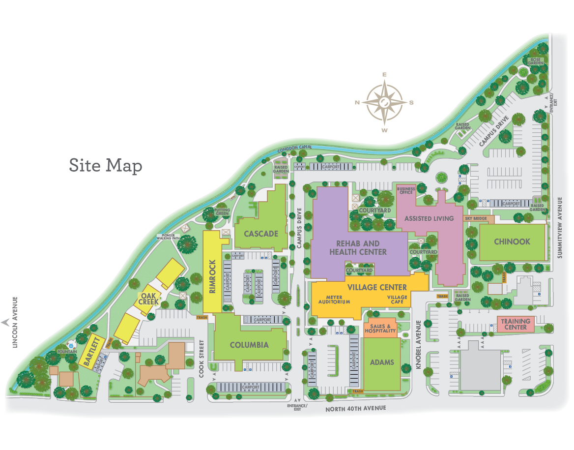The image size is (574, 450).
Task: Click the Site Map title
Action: click(106, 165)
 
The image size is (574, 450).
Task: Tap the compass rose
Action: click(385, 102)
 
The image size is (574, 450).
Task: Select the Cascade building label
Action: click(261, 234)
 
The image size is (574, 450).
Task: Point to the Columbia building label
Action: click(249, 345)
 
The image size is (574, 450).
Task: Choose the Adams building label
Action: click(382, 362)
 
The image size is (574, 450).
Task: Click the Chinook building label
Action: click(512, 241)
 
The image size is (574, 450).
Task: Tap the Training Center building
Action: click(516, 324)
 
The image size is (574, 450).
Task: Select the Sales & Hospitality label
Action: click(380, 329)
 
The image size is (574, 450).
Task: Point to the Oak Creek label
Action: click(148, 299)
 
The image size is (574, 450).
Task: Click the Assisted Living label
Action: click(429, 218)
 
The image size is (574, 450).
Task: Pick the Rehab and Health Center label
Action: click(358, 247)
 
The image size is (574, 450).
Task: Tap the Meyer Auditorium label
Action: click(337, 300)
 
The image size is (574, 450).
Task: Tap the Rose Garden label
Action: click(535, 61)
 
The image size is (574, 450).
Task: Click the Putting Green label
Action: click(222, 212)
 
